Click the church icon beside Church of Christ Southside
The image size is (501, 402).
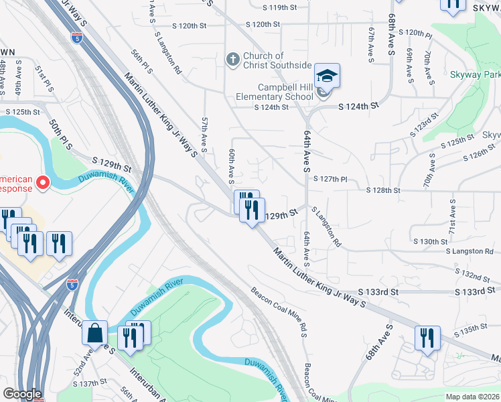[x=232, y=60]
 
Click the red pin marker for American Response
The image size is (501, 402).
[x=44, y=182]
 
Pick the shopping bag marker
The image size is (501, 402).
[x=95, y=332]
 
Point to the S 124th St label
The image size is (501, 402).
[x=358, y=106]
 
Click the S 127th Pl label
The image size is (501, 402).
[x=334, y=179]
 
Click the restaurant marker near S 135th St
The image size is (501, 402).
[x=427, y=338]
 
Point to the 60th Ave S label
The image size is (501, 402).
[x=232, y=167]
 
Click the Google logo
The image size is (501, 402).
[x=23, y=394]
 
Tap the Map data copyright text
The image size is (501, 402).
[x=472, y=397]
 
